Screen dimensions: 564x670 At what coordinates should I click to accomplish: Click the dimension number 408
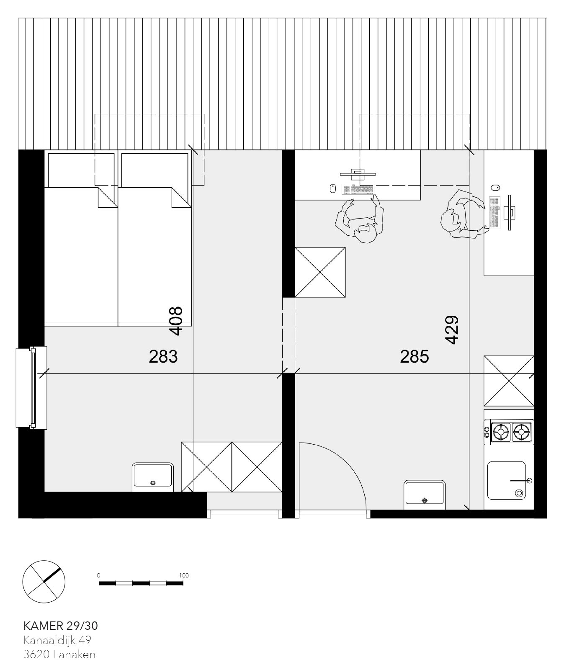pos(176,321)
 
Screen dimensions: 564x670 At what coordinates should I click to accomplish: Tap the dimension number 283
pos(163,357)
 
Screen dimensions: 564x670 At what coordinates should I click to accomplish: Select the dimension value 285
pos(415,357)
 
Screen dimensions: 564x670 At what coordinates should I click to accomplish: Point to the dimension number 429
pos(452,330)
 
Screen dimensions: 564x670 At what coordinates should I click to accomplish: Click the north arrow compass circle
pos(44,582)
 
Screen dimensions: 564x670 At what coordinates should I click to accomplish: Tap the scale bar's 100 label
pos(183,575)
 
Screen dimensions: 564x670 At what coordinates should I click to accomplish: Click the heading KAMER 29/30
pos(61,626)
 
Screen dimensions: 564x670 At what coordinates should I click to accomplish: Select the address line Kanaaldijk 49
pos(57,640)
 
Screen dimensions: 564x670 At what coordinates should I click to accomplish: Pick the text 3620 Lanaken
pos(59,655)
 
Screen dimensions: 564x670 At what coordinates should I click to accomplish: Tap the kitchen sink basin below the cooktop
pos(507,480)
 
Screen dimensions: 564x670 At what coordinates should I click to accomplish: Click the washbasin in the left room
pos(153,477)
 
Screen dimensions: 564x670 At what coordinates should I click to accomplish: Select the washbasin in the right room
pos(425,495)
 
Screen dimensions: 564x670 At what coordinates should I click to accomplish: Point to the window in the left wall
pos(31,387)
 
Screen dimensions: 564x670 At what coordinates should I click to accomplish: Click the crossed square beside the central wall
pos(320,272)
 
